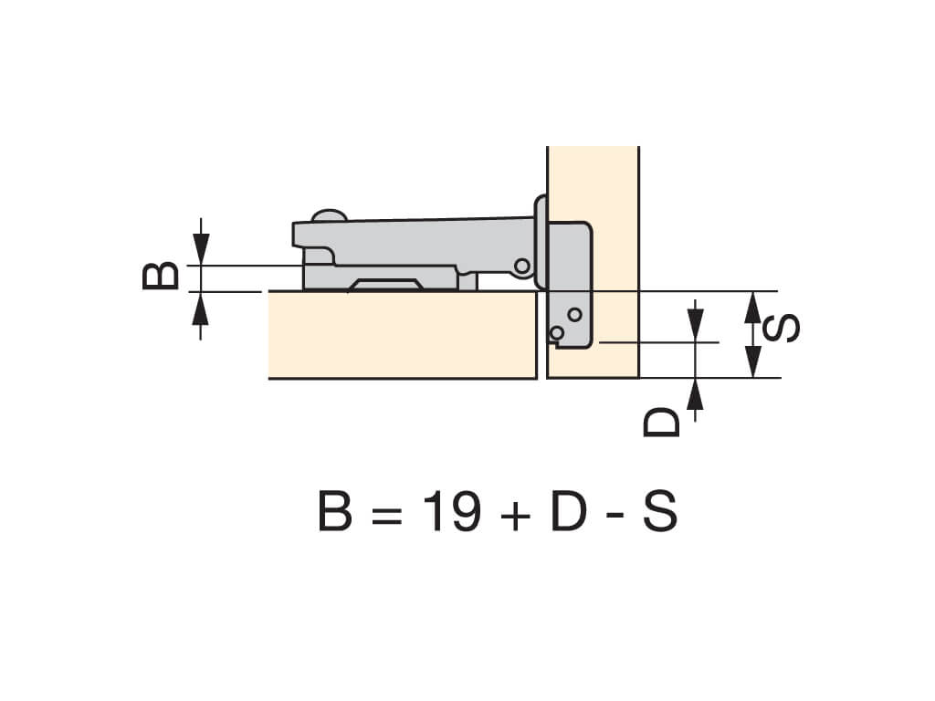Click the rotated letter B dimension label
(x=161, y=276)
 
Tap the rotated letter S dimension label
(x=782, y=328)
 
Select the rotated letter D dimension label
(x=661, y=422)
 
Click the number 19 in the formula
(x=451, y=511)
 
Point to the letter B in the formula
(x=334, y=511)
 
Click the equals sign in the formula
(x=386, y=514)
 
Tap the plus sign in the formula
(x=516, y=514)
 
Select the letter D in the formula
(x=568, y=511)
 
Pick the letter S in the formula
(x=660, y=511)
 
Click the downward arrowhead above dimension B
(x=201, y=249)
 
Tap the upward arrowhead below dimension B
(x=200, y=308)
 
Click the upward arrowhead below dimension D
(x=695, y=394)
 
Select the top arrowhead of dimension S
(x=753, y=307)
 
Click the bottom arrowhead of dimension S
(x=753, y=361)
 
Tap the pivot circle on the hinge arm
(x=522, y=266)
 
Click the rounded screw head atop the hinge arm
(x=329, y=215)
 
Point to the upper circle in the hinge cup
(x=575, y=314)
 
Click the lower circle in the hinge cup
(x=557, y=332)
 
